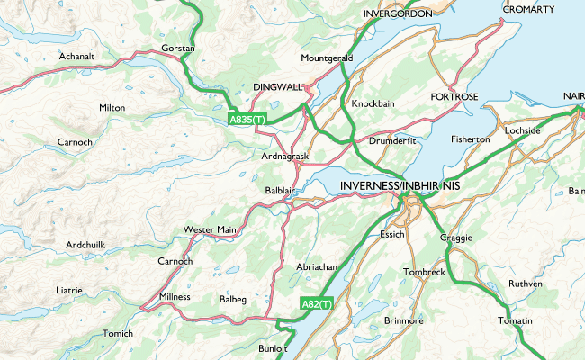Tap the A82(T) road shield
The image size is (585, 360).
click(317, 304)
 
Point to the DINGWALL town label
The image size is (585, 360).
click(278, 87)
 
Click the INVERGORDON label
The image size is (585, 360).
click(398, 14)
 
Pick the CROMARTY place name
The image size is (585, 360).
click(528, 8)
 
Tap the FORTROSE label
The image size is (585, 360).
click(454, 95)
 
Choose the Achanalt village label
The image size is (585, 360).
click(76, 56)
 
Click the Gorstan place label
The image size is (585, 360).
click(177, 47)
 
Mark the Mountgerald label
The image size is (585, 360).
click(327, 58)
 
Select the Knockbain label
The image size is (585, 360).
click(373, 103)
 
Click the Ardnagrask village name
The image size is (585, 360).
click(284, 157)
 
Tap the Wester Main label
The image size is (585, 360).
click(210, 229)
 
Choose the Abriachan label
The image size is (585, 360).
click(316, 267)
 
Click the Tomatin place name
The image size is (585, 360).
click(515, 321)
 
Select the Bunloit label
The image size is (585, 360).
click(273, 348)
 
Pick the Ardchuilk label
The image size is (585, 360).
click(85, 245)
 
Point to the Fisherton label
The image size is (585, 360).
click(470, 139)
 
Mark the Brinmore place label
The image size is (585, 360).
click(403, 320)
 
